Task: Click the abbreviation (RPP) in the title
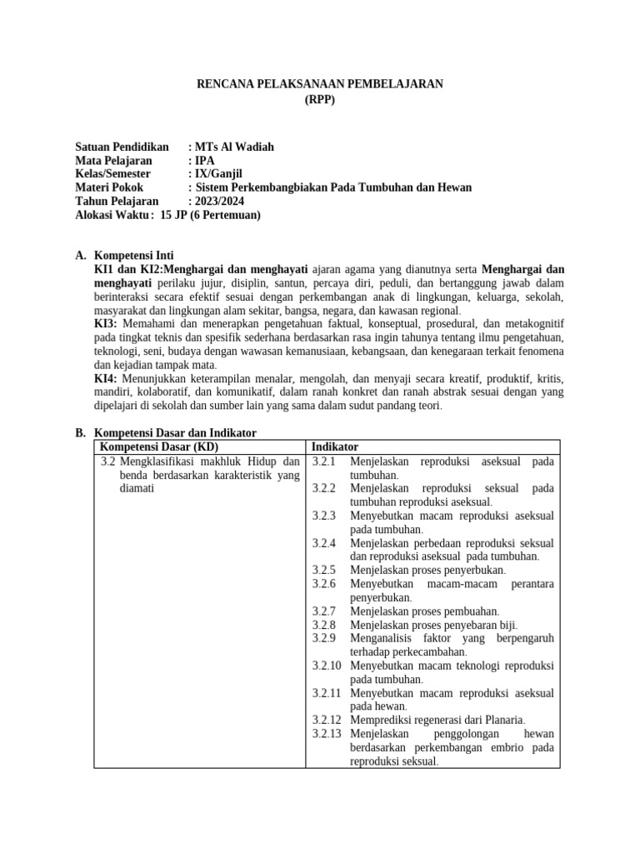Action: (x=320, y=99)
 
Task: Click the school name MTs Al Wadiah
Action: (x=234, y=147)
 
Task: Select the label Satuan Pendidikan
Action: (x=122, y=147)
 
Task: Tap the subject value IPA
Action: (x=205, y=161)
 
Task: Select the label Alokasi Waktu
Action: (x=113, y=214)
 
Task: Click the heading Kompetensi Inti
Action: (x=134, y=255)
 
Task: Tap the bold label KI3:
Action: (x=106, y=323)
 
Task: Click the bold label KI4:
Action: (x=106, y=378)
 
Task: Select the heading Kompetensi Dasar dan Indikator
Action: (x=175, y=433)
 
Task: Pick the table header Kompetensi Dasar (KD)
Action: (x=158, y=447)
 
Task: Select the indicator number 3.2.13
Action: (x=327, y=734)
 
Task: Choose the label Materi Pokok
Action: (x=109, y=187)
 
